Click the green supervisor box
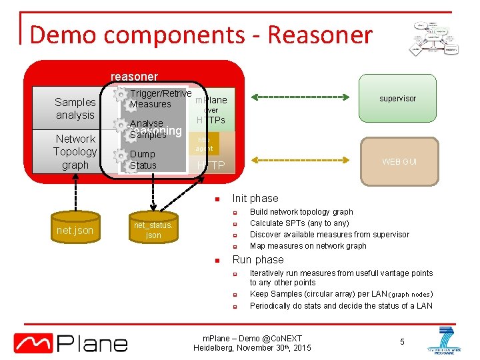(397, 99)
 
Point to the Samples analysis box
(75, 108)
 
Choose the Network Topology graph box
(75, 152)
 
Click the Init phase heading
(255, 198)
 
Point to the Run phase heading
(257, 260)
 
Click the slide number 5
(402, 342)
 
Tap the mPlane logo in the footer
(71, 343)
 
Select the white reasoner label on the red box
(134, 77)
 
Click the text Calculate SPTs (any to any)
(299, 223)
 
